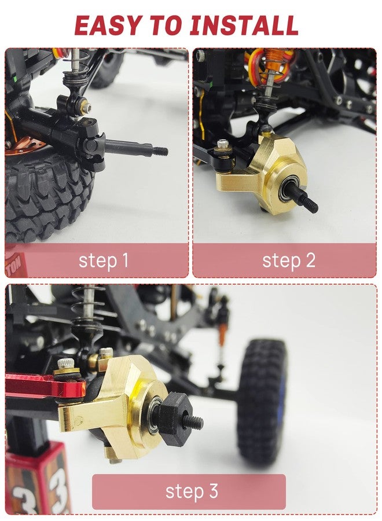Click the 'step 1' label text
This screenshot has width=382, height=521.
pyautogui.click(x=103, y=260)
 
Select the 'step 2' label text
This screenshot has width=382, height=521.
pyautogui.click(x=289, y=260)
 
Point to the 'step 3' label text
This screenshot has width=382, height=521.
pyautogui.click(x=192, y=491)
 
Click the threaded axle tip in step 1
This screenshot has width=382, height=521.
pyautogui.click(x=160, y=151)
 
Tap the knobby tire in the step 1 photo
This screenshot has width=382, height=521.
pyautogui.click(x=46, y=196)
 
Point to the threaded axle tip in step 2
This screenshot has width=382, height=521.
pyautogui.click(x=310, y=203)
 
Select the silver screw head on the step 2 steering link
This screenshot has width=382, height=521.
pyautogui.click(x=223, y=145)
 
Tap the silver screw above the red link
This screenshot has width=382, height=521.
pyautogui.click(x=66, y=364)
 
